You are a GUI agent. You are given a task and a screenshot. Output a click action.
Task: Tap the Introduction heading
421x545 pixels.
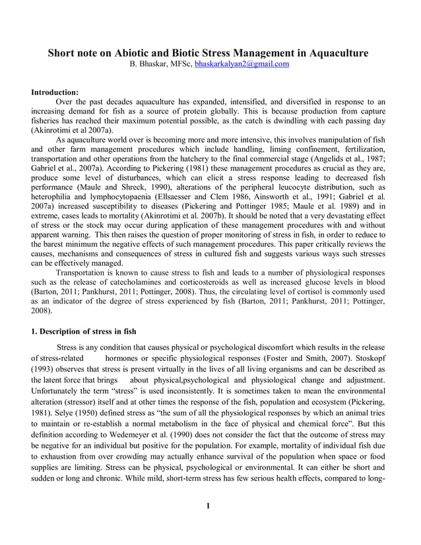click(55, 92)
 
